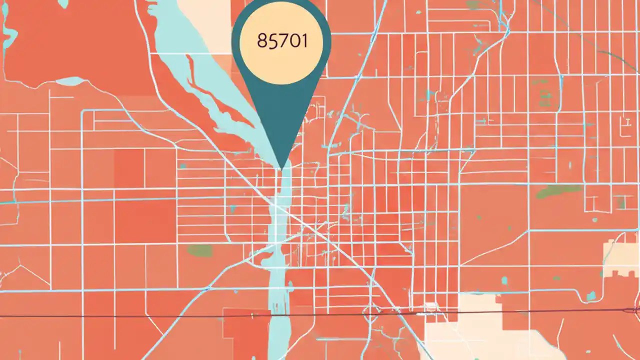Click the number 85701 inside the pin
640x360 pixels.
[x=281, y=40]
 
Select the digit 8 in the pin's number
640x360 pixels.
[x=261, y=41]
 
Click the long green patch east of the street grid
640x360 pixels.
[x=559, y=191]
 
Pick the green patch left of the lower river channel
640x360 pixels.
[x=199, y=250]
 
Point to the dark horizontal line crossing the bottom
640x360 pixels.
[x=150, y=316]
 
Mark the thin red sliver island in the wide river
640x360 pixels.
[x=210, y=90]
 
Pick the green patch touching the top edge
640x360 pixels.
[x=473, y=5]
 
